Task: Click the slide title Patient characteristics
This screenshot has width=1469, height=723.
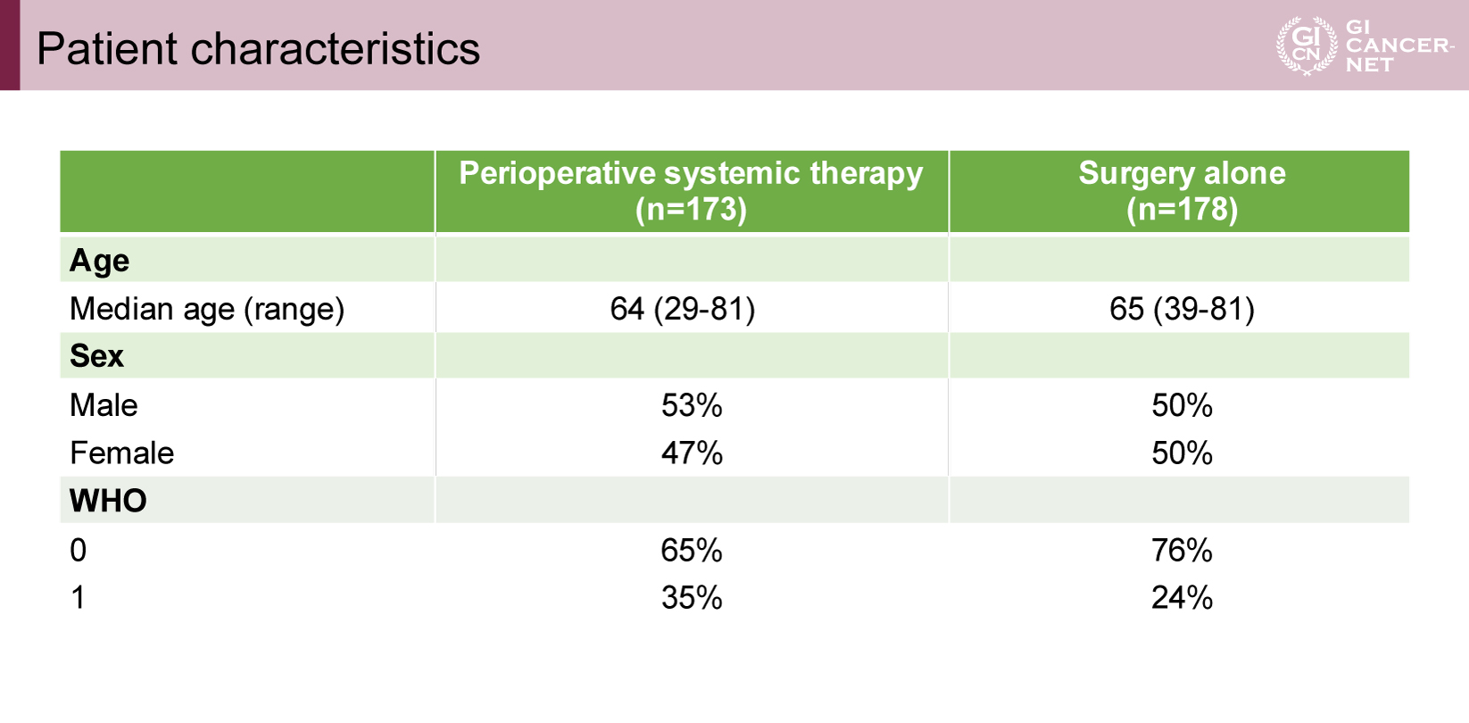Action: [x=258, y=48]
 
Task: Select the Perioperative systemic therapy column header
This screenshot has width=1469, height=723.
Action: [x=692, y=191]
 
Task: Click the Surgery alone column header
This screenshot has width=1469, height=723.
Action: [x=1182, y=191]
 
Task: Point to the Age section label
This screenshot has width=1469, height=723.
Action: [x=99, y=261]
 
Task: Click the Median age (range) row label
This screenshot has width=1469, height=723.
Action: [x=206, y=308]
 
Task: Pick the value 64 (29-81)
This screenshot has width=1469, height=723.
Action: [x=683, y=308]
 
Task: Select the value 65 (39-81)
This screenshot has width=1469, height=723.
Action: [x=1182, y=308]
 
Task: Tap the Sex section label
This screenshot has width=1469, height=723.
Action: [x=96, y=356]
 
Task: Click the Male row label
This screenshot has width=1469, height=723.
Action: [x=104, y=405]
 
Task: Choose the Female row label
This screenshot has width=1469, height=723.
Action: [x=122, y=453]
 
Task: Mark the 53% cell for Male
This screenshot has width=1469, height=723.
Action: [x=692, y=405]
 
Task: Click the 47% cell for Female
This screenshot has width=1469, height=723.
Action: [x=692, y=453]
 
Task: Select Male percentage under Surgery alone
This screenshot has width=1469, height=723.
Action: [x=1182, y=405]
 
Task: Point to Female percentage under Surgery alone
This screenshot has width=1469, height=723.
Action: [x=1182, y=453]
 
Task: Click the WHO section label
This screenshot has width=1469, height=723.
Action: [x=108, y=501]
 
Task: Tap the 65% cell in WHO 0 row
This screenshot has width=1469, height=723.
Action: [x=692, y=550]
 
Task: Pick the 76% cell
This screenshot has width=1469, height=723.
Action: [x=1182, y=550]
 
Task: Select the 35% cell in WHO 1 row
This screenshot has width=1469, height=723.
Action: [x=692, y=598]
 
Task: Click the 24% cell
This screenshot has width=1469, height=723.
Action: [x=1182, y=598]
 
